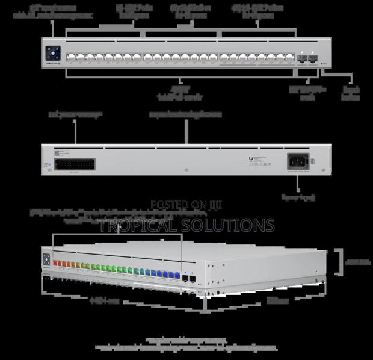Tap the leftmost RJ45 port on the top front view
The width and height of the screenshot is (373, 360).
[x=70, y=57]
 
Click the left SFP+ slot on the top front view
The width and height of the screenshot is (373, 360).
[x=303, y=58]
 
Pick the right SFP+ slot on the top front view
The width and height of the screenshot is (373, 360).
[x=313, y=58]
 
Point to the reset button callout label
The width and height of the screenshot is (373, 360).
[x=351, y=93]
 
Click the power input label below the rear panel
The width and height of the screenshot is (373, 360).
[x=298, y=197]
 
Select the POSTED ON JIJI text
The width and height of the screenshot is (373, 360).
[x=186, y=205]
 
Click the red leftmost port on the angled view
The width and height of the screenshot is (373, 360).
[x=57, y=263]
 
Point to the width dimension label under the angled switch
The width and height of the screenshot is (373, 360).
[x=105, y=299]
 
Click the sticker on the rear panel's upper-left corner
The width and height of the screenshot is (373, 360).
[x=58, y=153]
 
